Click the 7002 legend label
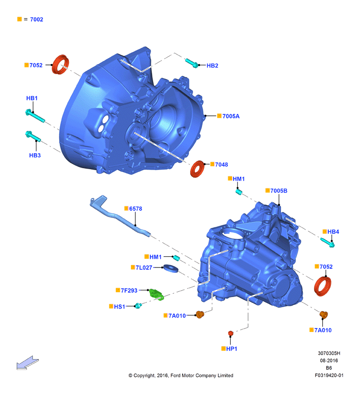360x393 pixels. click(36, 19)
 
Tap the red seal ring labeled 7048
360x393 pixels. click(197, 169)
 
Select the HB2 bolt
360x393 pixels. click(192, 63)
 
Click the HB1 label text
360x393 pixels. click(32, 98)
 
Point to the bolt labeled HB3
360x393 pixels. click(33, 136)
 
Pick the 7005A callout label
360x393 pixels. click(231, 116)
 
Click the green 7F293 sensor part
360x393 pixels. click(157, 294)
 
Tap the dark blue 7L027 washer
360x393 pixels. click(171, 268)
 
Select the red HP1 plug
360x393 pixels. click(231, 333)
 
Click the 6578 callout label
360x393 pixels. click(136, 208)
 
